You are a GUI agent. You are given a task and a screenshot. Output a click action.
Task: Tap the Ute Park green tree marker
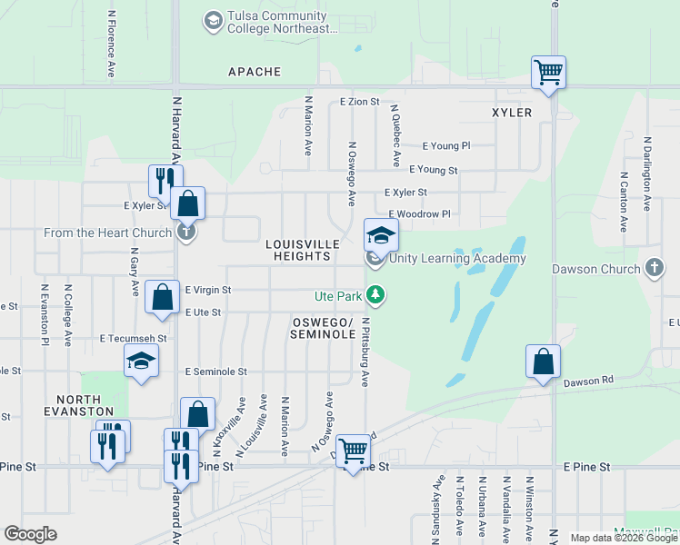tap(375, 294)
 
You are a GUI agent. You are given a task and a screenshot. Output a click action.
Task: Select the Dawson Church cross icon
tap(655, 268)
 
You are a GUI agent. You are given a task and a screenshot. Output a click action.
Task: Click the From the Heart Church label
tap(108, 233)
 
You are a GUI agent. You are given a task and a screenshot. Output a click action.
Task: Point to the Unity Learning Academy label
tap(457, 258)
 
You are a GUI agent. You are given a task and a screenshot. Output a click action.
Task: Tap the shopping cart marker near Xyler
tap(548, 72)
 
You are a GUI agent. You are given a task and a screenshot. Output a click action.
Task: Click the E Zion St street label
tap(359, 102)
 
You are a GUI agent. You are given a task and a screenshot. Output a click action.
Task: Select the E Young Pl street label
tap(446, 145)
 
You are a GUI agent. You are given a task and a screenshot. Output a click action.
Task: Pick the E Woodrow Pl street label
tap(419, 214)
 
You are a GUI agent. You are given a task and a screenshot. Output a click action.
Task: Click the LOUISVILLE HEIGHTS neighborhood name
tap(303, 251)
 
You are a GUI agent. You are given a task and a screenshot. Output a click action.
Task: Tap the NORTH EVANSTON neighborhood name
tap(85, 405)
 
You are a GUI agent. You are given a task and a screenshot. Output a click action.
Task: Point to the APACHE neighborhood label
tap(255, 71)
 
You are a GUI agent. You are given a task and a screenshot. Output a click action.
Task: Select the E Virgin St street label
tap(208, 290)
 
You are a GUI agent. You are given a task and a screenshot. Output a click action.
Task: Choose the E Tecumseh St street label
tap(134, 338)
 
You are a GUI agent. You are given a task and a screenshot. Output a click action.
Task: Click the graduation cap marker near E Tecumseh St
tap(141, 362)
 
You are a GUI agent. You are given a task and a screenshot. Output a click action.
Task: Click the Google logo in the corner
tap(31, 534)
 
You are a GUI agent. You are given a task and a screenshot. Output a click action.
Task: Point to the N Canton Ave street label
tap(624, 200)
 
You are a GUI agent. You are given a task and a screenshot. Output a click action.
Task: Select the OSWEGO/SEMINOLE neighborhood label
tap(323, 329)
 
